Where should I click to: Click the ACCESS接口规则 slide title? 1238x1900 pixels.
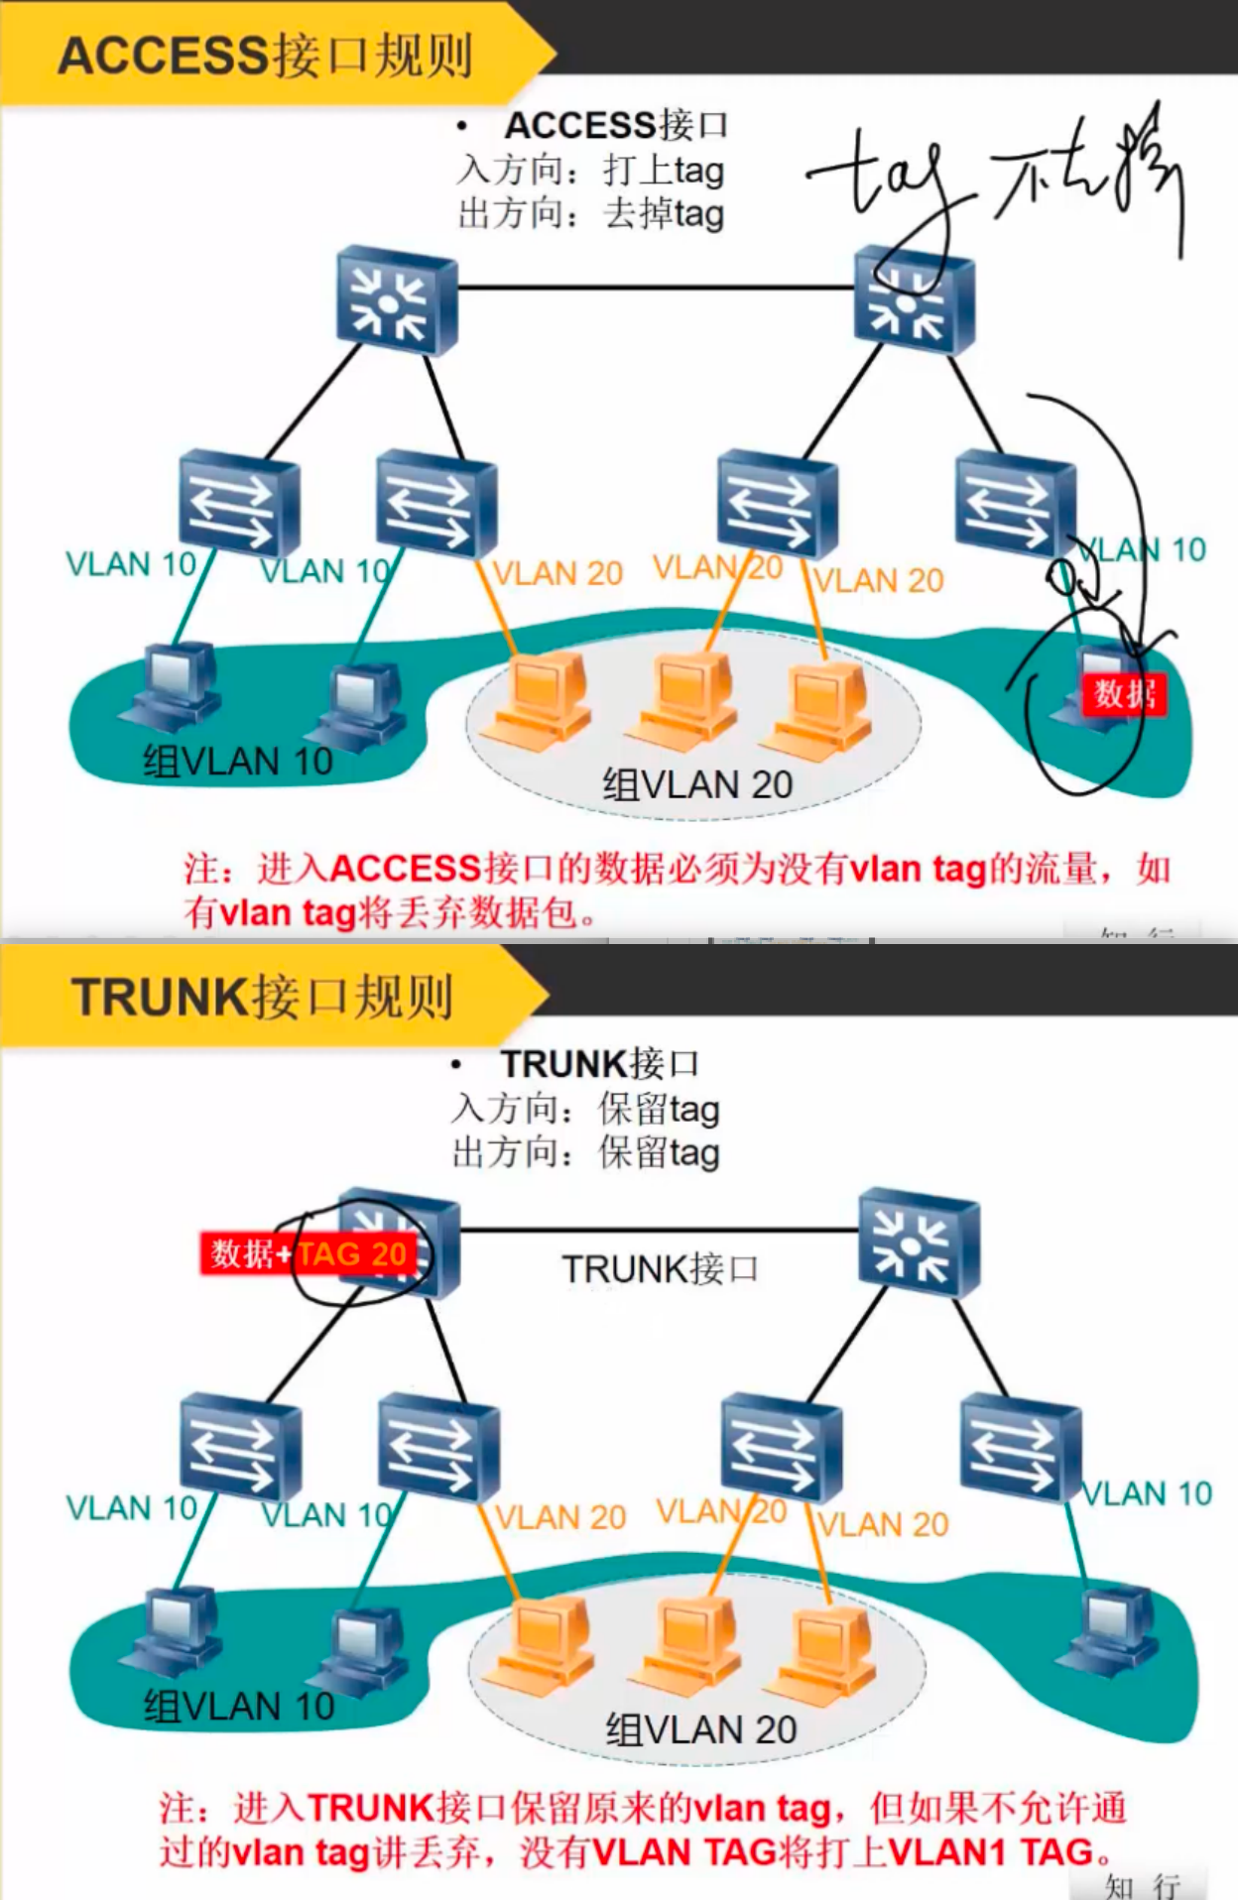click(x=265, y=56)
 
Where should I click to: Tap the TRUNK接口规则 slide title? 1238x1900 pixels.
click(x=262, y=997)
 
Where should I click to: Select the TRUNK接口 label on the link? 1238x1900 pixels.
click(x=660, y=1268)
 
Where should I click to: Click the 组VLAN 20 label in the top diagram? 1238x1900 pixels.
click(x=697, y=784)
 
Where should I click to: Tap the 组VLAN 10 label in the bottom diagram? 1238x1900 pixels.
click(x=239, y=1706)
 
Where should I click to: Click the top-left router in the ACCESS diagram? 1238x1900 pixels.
click(x=397, y=301)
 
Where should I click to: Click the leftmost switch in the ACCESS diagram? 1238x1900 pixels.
click(x=239, y=503)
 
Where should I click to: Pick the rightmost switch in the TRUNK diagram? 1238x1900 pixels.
click(x=1020, y=1448)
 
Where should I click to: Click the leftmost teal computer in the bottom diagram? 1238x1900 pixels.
click(x=174, y=1626)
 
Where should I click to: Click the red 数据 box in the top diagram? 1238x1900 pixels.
click(x=1124, y=694)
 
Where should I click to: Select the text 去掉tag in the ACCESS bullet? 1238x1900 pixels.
click(x=664, y=213)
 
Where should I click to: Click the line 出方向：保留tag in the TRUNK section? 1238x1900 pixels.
click(x=585, y=1152)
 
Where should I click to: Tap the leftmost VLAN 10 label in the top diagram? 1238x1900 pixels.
click(x=130, y=564)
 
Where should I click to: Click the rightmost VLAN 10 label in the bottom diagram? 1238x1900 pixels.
click(x=1147, y=1492)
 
